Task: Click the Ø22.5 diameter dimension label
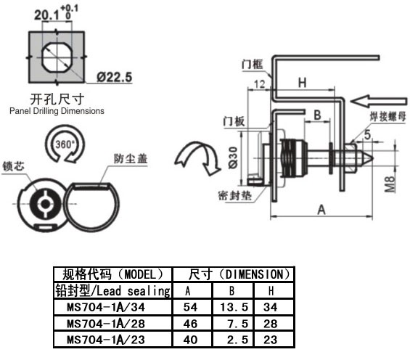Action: pos(114,77)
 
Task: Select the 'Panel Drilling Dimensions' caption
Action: pos(57,111)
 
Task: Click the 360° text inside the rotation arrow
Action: pos(65,144)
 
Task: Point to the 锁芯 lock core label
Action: pos(13,166)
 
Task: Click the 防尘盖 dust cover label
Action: pos(131,159)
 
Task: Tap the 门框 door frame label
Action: pos(252,65)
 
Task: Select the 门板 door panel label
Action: pos(234,121)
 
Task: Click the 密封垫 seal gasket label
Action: pos(235,195)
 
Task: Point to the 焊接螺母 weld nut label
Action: pos(388,117)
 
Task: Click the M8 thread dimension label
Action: pos(390,184)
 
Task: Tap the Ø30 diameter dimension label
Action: pos(233,157)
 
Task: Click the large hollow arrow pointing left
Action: pos(379,101)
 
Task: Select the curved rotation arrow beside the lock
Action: pos(198,157)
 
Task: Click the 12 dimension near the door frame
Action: pos(259,84)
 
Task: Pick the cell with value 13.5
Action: pos(234,307)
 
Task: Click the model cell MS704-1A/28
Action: pos(106,324)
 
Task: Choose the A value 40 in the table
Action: pos(190,340)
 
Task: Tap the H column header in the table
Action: pos(271,291)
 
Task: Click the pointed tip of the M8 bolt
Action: pos(372,158)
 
